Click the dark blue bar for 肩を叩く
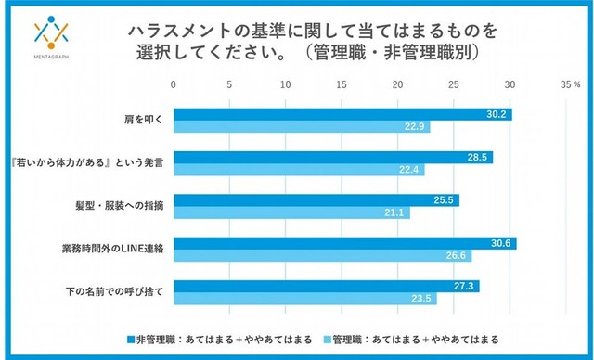pos(342,114)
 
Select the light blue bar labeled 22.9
pos(301,127)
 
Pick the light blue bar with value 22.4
pos(298,170)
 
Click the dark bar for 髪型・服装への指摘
pos(316,199)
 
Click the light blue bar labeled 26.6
pos(322,255)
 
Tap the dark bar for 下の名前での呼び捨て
pos(326,286)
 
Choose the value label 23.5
pos(423,299)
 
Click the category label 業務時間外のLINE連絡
pos(114,249)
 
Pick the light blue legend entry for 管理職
pos(402,337)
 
